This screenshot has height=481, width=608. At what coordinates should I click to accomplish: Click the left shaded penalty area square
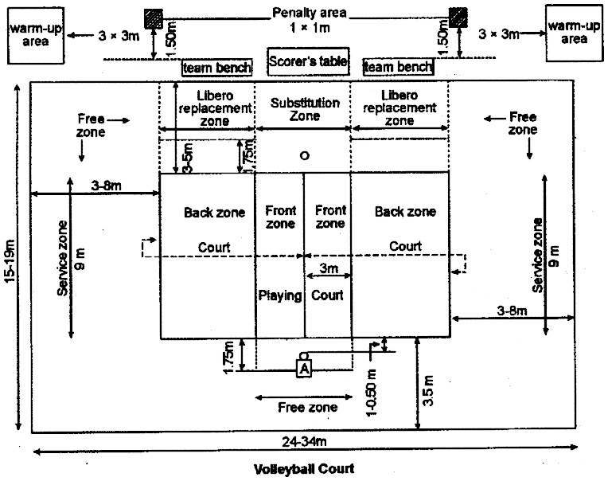pos(154,18)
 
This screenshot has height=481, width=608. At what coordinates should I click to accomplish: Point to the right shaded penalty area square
pos(458,18)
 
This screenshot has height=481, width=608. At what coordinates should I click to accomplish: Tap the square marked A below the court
pos(304,368)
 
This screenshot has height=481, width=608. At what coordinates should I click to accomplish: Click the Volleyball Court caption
pos(304,469)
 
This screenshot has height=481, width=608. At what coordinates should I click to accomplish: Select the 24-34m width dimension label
pos(304,441)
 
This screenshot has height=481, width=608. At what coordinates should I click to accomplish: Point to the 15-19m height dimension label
pos(10,261)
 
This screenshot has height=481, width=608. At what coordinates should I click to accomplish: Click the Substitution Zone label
pos(305,109)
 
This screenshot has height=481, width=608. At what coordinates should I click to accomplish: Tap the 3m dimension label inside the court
pos(329,268)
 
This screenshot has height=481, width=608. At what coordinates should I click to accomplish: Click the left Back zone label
pos(214,213)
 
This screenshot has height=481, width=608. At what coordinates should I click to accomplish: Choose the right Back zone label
pos(405,211)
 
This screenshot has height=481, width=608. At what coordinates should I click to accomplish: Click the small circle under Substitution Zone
pos(305,156)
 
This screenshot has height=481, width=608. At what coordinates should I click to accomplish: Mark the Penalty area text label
pos(309,13)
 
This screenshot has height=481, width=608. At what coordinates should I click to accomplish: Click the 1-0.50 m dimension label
pos(372,392)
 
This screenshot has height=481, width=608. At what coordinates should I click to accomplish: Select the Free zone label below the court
pos(307,407)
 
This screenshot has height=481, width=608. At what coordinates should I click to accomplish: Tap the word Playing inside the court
pos(280,296)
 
